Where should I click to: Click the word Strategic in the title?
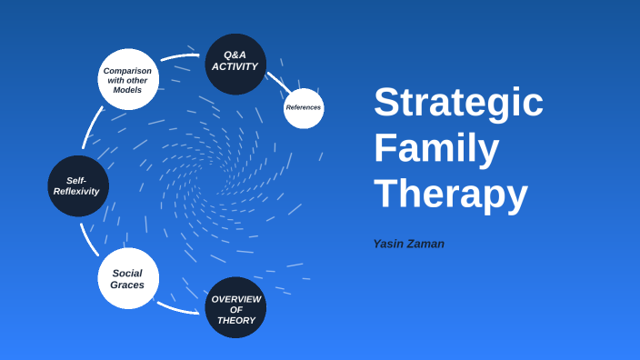tap(458, 102)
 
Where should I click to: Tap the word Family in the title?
tap(436, 148)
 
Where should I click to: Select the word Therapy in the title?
tap(450, 194)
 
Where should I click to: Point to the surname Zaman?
tap(427, 244)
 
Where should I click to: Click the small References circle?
tap(304, 108)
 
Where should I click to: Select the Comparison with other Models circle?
tap(128, 80)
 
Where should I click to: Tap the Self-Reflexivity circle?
tap(77, 185)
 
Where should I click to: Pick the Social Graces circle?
tap(128, 278)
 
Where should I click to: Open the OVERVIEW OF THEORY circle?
tap(235, 308)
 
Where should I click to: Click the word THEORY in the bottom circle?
tap(236, 320)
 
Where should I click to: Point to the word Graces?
tap(127, 285)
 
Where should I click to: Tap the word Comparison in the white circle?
tap(127, 70)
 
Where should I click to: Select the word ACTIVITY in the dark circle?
tap(235, 66)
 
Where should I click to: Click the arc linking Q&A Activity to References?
tap(278, 81)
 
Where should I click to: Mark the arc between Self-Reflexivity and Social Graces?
tap(88, 239)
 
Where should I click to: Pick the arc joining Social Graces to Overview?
tap(179, 307)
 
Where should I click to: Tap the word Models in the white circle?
tap(127, 90)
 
